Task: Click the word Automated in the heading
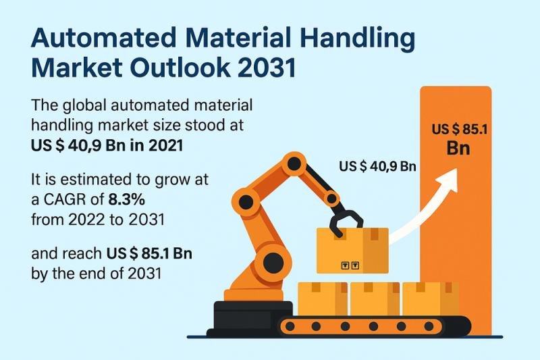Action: click(x=104, y=38)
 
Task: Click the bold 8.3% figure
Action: click(x=126, y=199)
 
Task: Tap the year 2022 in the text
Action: click(x=86, y=220)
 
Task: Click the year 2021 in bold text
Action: click(x=165, y=146)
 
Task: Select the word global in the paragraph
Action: click(x=84, y=106)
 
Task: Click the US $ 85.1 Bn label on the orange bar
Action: click(x=459, y=139)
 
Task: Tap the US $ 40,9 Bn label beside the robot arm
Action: click(x=377, y=166)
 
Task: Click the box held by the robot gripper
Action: click(x=352, y=251)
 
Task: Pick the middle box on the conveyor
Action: click(x=375, y=299)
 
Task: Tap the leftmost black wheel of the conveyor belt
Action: click(x=290, y=326)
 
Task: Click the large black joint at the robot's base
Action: click(x=273, y=263)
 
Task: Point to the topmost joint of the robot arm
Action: click(x=294, y=163)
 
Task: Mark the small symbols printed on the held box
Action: click(x=350, y=265)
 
